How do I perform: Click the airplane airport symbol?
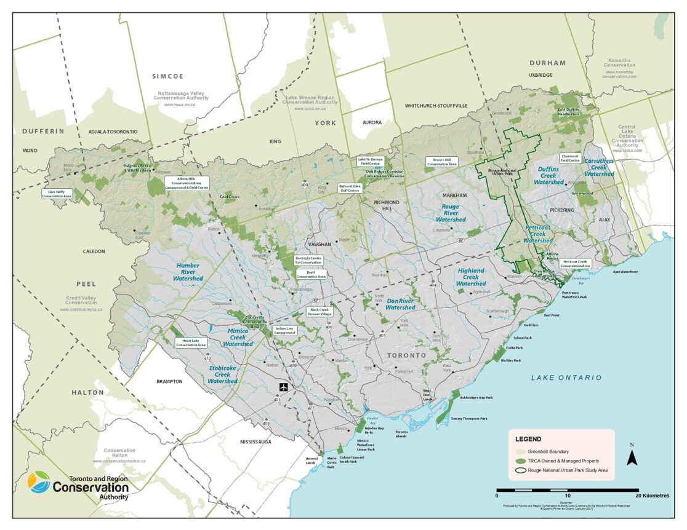(283, 387)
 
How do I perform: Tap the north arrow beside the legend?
(632, 456)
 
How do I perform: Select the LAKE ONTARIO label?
(566, 377)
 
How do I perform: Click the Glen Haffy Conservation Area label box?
(57, 194)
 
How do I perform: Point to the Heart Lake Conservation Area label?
(191, 342)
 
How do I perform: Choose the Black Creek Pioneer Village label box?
(319, 312)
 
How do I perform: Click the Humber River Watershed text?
(188, 272)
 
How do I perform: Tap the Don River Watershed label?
(400, 304)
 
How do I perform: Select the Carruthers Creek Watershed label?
(599, 167)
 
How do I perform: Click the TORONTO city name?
(406, 356)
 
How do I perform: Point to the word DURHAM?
(548, 63)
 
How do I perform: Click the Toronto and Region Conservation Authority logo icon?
(39, 482)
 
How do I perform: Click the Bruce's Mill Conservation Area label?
(441, 162)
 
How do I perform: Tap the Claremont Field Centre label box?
(569, 158)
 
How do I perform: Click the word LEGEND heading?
(528, 439)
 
